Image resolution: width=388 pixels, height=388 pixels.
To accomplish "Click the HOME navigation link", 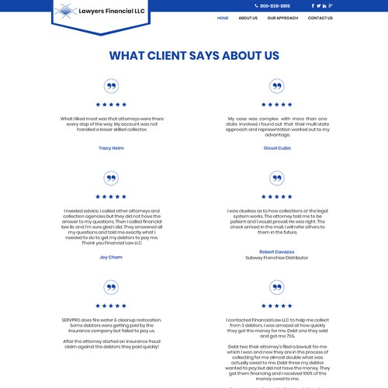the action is coord(223,18).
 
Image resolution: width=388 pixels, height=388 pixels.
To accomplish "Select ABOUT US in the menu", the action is coord(248,18).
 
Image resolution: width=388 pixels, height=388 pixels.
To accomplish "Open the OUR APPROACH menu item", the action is coord(282,18).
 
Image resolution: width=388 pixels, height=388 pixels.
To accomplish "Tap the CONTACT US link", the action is coord(320,18).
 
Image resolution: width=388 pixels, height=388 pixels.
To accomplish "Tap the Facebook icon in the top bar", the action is coord(313,5).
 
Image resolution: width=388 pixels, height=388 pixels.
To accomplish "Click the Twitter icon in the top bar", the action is coord(318,5).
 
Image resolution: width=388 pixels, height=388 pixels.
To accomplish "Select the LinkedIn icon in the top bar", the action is coord(324,5).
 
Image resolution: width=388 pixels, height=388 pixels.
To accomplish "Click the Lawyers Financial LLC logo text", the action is coord(113,11).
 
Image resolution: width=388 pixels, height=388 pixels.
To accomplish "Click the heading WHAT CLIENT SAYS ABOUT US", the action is coord(194,56).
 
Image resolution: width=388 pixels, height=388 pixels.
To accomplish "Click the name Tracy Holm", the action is coord(111,147).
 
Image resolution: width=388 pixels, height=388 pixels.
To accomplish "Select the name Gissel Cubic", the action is coord(277,147).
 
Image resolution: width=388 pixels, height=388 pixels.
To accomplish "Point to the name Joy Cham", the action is coord(111,257).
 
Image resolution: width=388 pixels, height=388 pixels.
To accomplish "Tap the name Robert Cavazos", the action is coord(277,251).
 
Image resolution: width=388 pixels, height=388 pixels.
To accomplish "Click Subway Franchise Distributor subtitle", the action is coord(277,258).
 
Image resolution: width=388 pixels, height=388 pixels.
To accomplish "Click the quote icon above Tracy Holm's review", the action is coord(111,86).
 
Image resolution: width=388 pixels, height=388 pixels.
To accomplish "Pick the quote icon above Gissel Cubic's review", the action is coord(277,86).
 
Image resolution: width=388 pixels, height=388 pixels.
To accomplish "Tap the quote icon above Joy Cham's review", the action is coord(111,178).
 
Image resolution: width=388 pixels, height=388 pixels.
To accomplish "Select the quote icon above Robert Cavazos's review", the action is coord(277,178).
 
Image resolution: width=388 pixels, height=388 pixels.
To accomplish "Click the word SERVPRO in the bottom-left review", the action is coord(73,320).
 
